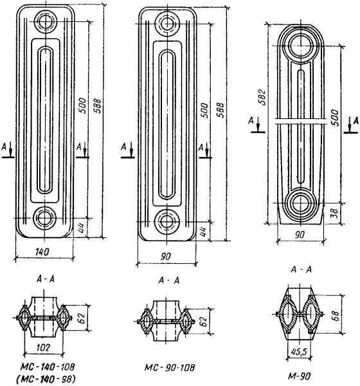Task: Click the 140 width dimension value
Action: click(42, 252)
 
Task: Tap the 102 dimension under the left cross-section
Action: click(43, 347)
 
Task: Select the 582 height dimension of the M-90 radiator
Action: click(262, 96)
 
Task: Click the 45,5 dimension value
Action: click(299, 352)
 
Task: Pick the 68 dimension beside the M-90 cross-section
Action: click(336, 315)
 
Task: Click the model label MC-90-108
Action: click(170, 368)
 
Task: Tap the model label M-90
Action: click(299, 376)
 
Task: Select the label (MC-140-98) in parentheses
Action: click(46, 379)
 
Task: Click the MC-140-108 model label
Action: click(47, 367)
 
